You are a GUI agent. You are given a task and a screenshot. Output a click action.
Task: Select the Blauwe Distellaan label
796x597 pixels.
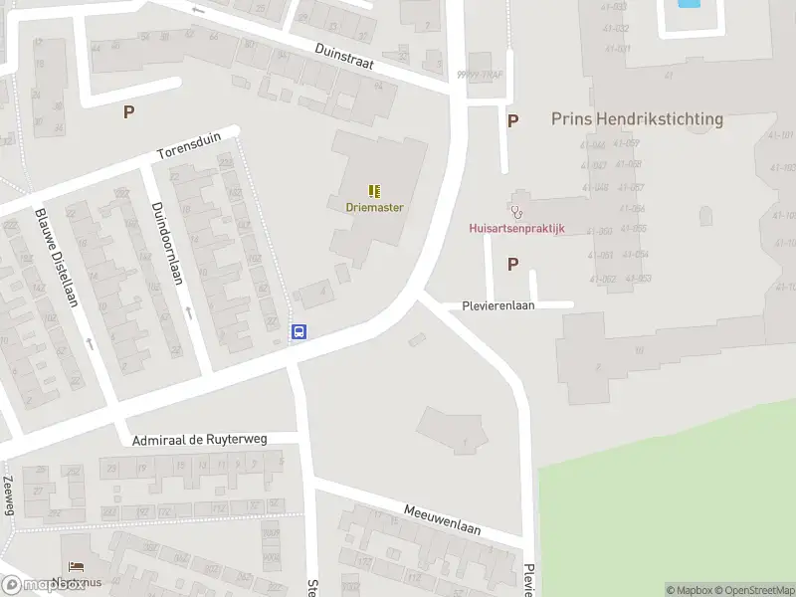click(56, 257)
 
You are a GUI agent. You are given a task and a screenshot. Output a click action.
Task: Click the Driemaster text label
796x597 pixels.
click(374, 207)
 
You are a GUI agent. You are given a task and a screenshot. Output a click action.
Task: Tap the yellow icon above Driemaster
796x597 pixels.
click(374, 190)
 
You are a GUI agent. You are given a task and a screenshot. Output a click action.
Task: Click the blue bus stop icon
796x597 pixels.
click(298, 332)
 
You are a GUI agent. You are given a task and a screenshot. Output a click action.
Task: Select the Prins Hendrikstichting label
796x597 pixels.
click(637, 118)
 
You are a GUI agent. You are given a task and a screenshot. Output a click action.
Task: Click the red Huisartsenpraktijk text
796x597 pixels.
click(516, 228)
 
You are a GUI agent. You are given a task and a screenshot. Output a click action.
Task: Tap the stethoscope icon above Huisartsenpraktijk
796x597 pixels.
click(515, 211)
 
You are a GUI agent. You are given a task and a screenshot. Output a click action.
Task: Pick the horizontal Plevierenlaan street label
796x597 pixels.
click(498, 305)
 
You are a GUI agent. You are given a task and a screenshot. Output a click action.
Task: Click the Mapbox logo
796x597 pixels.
click(42, 585)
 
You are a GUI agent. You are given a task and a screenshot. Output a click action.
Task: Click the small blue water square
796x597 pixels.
click(688, 4)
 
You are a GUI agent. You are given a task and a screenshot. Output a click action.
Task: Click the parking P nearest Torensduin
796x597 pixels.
click(128, 112)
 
